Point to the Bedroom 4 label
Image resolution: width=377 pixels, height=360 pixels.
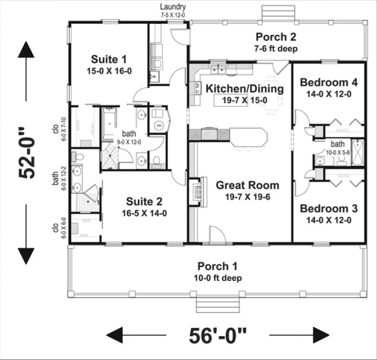pos(329,83)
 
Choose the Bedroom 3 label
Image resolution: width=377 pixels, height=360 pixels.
pos(329,209)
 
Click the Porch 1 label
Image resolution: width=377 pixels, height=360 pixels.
pos(217,266)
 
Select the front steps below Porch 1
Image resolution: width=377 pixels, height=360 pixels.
pos(217,305)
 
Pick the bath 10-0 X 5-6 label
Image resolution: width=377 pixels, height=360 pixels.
pos(337,146)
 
